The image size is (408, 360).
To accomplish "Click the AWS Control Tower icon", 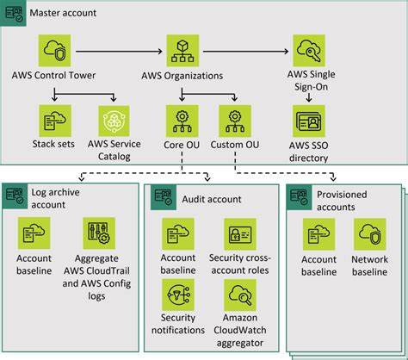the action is tap(54, 51).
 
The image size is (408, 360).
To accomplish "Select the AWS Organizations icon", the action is tap(182, 51).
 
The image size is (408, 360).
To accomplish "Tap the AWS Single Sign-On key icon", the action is tap(309, 51).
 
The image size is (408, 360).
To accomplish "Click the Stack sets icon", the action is tap(55, 121).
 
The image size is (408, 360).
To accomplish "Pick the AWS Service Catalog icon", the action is tap(114, 121).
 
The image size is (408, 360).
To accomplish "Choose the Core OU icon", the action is tap(182, 121).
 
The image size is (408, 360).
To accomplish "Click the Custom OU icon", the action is tap(235, 121).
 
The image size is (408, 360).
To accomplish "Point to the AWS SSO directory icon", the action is tap(309, 121).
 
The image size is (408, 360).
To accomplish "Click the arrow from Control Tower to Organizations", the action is tap(119, 52).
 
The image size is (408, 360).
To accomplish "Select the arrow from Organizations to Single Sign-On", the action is tap(246, 52).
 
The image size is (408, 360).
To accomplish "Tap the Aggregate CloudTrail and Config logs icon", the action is tap(99, 233).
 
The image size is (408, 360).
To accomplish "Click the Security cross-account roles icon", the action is tap(240, 234).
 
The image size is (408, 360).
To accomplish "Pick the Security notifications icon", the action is tap(178, 295).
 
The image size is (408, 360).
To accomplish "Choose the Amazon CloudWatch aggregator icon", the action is tap(240, 295).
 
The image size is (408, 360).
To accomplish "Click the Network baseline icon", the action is tap(370, 234).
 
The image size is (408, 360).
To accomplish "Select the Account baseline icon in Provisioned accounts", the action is tap(318, 234).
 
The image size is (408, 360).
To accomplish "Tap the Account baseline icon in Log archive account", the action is tap(34, 233).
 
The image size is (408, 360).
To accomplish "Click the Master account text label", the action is tap(63, 13).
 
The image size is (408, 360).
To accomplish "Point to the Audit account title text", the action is tap(212, 199).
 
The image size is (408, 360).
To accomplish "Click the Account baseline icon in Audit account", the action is tap(178, 233).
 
